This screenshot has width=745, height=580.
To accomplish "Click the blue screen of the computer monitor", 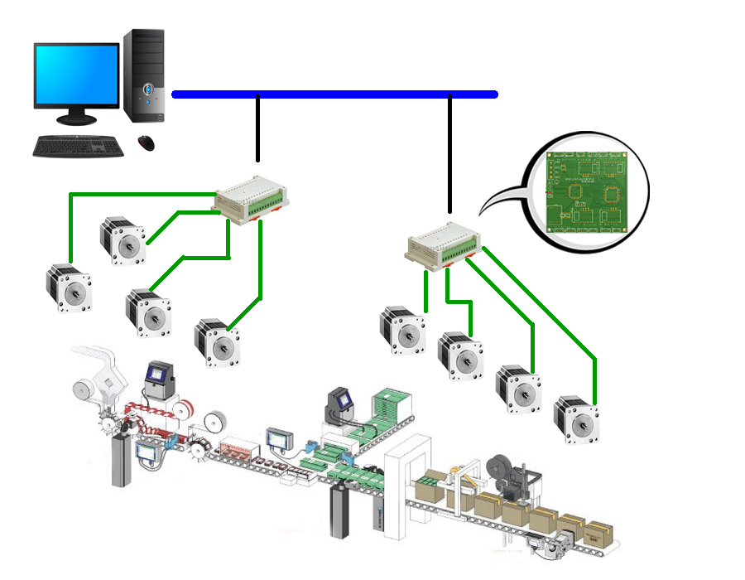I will (x=76, y=73).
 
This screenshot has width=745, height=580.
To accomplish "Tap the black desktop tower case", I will (x=146, y=75).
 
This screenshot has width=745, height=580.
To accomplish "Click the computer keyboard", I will (x=79, y=147).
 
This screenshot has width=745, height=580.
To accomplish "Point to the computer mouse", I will (x=147, y=142).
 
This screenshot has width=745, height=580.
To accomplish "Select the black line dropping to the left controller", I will (x=258, y=128).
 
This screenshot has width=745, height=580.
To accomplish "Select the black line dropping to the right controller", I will (x=450, y=153).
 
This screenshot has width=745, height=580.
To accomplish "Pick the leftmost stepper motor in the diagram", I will (x=68, y=288).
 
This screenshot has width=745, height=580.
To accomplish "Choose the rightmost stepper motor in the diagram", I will (x=577, y=419).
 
